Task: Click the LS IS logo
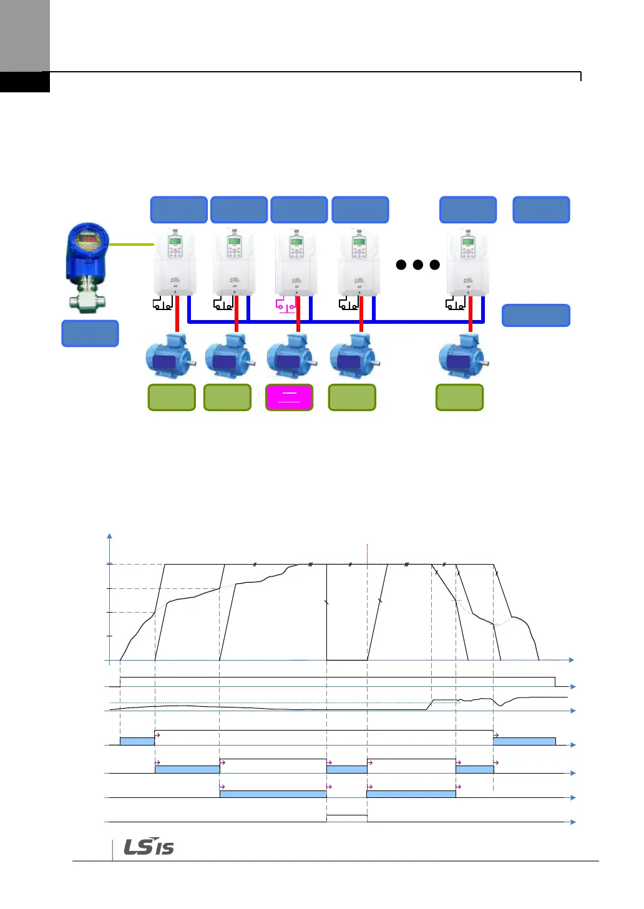point(149,847)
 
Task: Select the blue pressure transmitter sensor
point(88,265)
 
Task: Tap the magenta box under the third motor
point(290,397)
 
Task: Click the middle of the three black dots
point(418,265)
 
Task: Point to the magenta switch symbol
point(285,306)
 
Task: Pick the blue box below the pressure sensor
point(90,333)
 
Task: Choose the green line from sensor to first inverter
point(132,245)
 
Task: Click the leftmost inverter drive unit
point(175,262)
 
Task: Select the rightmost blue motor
point(462,357)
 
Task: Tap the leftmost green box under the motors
point(172,397)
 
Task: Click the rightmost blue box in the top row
point(541,210)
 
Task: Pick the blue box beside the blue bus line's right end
point(536,316)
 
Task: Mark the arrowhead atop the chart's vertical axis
point(110,535)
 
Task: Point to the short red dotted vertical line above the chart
point(368,553)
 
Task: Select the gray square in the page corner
point(25,36)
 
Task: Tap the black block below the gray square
point(25,82)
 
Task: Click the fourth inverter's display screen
point(359,241)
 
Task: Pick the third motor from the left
point(290,357)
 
